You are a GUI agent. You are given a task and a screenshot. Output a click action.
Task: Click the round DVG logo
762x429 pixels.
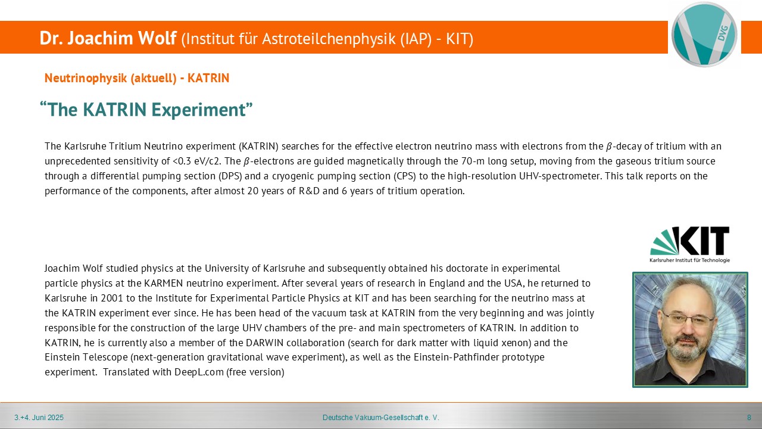tap(704, 35)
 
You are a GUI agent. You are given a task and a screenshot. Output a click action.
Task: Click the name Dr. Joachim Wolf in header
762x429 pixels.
tap(108, 38)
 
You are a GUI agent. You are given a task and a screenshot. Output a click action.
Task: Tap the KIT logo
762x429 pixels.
tap(689, 244)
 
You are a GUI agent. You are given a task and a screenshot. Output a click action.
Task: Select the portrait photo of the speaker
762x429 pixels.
tap(690, 329)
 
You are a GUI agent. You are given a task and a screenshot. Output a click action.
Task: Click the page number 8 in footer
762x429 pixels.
tap(749, 418)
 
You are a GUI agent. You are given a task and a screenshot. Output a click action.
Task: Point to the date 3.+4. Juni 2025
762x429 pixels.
tap(39, 418)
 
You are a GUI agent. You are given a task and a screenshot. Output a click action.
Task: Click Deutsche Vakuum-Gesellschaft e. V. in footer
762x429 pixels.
tap(380, 418)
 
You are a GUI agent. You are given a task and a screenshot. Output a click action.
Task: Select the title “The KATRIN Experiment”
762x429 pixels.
tap(146, 109)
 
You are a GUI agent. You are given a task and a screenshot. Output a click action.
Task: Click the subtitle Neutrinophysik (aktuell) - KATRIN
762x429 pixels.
tap(137, 78)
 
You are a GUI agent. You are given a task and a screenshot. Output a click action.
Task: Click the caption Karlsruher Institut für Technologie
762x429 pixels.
tap(689, 260)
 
